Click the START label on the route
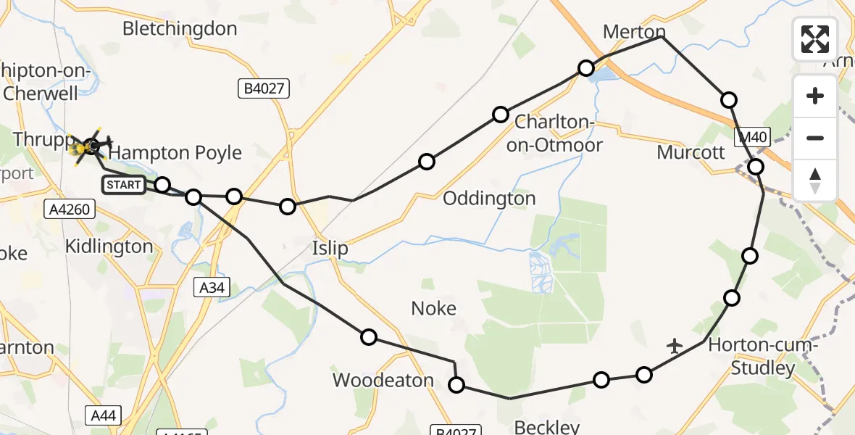point(124,185)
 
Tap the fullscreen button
point(815,39)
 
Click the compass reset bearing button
point(815,181)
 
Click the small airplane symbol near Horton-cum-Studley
point(675,346)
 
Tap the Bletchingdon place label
point(180,29)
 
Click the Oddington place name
point(489,199)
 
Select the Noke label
point(433,309)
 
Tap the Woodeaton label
point(383,380)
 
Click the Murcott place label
point(691,153)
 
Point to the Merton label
point(634,32)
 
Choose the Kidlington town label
point(109,246)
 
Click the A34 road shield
point(214,289)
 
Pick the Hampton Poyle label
point(175,153)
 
